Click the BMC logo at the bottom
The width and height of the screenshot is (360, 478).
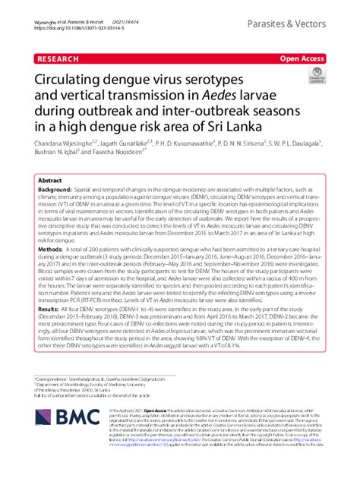64,439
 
